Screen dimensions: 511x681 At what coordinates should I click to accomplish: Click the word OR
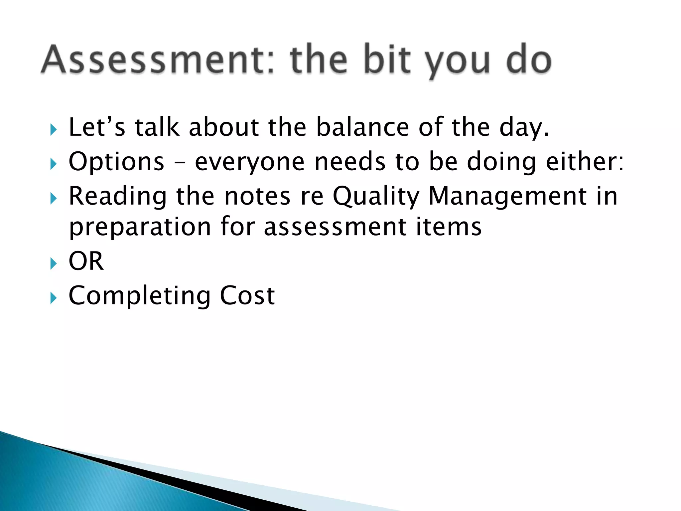pos(86,261)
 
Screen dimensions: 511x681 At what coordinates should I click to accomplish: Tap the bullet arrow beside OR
pos(53,264)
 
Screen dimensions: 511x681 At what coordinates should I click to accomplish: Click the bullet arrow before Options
pos(53,164)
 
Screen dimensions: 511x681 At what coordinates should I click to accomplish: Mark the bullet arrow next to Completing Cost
pos(53,298)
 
